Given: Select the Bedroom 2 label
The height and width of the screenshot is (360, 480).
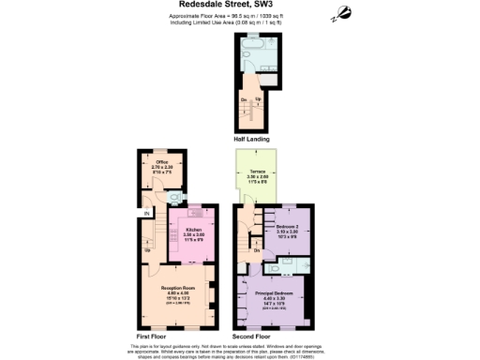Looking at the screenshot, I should [x=287, y=227].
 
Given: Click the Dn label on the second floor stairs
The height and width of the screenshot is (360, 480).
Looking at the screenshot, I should [x=256, y=250].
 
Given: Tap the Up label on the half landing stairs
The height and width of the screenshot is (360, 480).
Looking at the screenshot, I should [x=259, y=98].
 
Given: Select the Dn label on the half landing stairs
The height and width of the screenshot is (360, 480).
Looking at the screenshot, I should [x=245, y=98].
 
